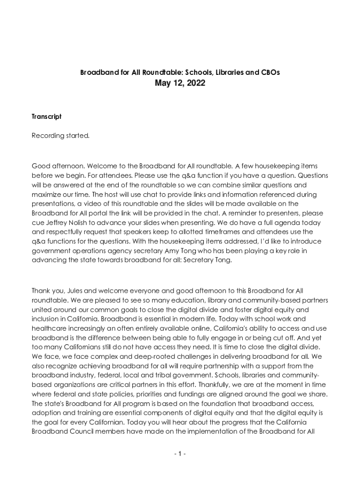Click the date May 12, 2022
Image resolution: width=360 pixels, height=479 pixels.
pyautogui.click(x=180, y=84)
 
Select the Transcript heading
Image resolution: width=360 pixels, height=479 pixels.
pyautogui.click(x=47, y=116)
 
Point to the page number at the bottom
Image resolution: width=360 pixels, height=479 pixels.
pyautogui.click(x=180, y=454)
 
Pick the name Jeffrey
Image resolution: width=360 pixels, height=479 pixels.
pyautogui.click(x=59, y=223)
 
